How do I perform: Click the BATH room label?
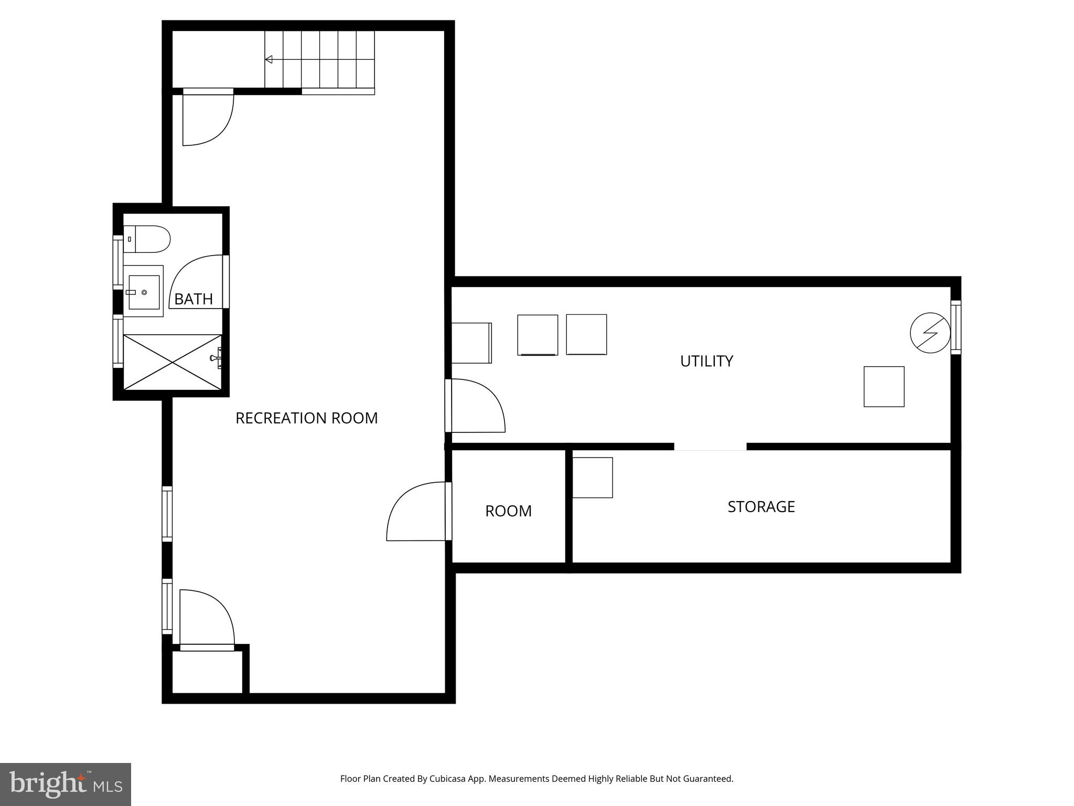point(193,299)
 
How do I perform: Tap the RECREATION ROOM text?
point(306,418)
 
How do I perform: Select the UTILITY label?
point(706,361)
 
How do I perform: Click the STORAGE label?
point(761,506)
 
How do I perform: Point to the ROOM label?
point(508,511)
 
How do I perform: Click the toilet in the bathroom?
point(147,239)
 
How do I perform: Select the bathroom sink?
point(144,292)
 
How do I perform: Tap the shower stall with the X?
point(172,362)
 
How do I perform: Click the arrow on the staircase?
point(269,59)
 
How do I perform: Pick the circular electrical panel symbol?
point(930,333)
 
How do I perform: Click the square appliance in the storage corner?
point(592,478)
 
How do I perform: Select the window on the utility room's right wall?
point(955,327)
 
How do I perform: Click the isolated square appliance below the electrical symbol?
point(884,387)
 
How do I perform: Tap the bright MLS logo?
point(66,784)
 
